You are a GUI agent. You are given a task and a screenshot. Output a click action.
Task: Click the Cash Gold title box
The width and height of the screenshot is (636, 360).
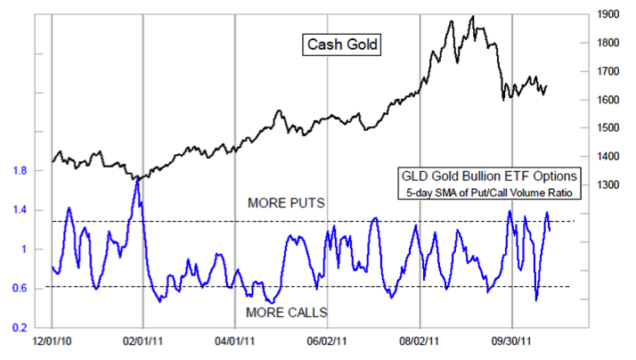pos(343,44)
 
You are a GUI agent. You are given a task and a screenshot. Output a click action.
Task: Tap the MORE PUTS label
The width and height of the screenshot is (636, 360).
pos(286,204)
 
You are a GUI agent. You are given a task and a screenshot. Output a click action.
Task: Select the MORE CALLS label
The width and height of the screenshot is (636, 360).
pos(286,312)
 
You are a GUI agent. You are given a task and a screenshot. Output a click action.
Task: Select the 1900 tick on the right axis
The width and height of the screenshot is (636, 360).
pos(608,14)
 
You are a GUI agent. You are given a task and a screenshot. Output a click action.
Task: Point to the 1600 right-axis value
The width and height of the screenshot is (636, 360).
pos(608,100)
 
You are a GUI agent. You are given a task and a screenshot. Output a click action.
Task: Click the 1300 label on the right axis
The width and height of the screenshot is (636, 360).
pos(608,185)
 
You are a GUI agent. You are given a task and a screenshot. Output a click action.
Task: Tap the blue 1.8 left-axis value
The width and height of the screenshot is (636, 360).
pos(20,170)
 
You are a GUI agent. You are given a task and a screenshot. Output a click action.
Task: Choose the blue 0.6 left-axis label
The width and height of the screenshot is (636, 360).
pos(20,288)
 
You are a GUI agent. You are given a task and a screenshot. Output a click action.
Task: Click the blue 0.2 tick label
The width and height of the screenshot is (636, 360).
pos(20,328)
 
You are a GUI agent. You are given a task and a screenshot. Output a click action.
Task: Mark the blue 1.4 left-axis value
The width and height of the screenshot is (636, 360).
pos(20,210)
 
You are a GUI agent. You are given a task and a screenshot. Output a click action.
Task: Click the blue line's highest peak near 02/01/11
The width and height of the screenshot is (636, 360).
pos(137,179)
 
